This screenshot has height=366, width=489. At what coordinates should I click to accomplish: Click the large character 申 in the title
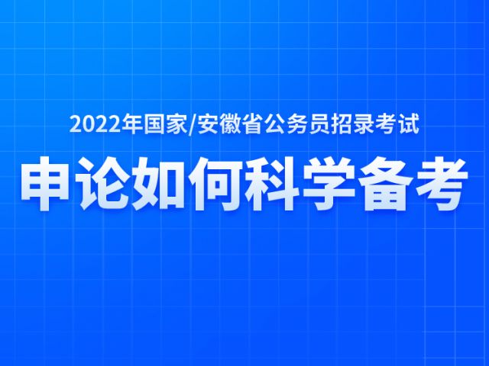[x=45, y=183]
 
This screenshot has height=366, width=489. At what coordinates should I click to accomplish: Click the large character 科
[x=270, y=183]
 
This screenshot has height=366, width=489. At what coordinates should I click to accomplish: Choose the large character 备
[x=384, y=183]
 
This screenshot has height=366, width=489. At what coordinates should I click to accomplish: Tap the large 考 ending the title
[x=440, y=183]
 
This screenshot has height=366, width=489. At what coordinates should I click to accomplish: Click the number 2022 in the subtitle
[x=95, y=125]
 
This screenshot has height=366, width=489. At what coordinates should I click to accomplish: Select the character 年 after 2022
[x=131, y=125]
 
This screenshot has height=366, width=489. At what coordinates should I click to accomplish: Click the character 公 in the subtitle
[x=275, y=125]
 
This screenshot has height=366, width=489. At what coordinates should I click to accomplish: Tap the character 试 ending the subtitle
[x=409, y=125]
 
